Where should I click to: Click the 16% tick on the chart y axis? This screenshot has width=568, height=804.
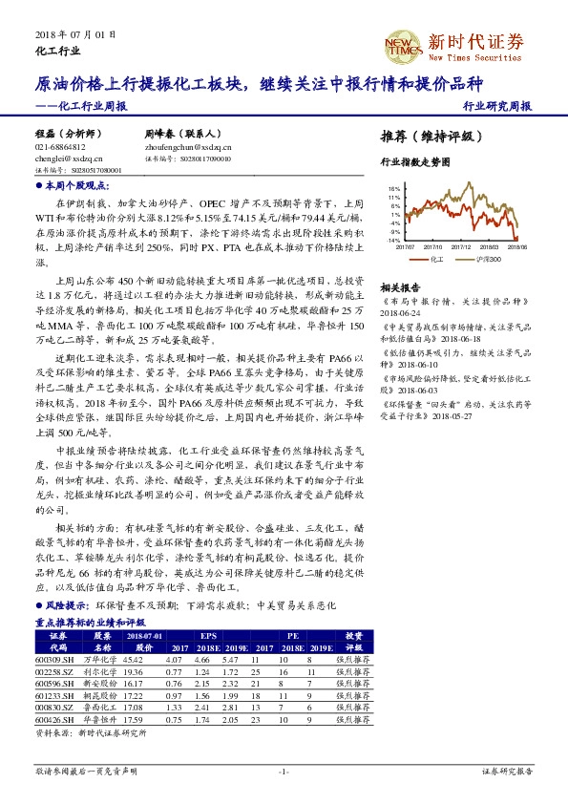point(394,189)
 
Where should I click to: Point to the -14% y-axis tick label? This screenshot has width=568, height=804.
point(393,241)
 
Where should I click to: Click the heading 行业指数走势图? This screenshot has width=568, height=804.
point(414,163)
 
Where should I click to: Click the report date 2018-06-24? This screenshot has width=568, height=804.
point(401,310)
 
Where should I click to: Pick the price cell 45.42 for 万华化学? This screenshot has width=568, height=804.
point(133,659)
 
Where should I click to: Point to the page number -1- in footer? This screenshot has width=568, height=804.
point(284,771)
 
